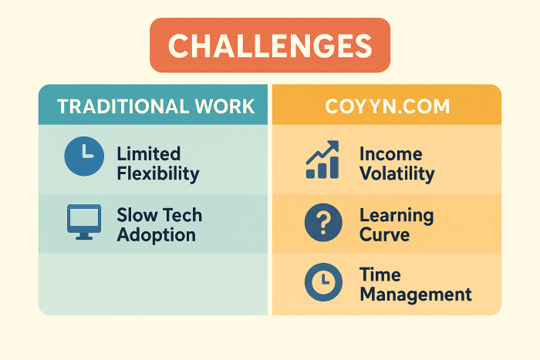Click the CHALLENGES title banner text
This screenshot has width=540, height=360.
(x=270, y=45)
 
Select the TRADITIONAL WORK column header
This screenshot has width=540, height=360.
(x=156, y=106)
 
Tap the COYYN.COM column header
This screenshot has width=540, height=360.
(x=387, y=106)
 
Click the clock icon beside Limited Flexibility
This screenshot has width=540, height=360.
(x=84, y=156)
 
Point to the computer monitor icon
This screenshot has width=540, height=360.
(x=84, y=222)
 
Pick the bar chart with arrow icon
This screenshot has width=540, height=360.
(x=322, y=160)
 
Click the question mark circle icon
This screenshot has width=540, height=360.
(x=323, y=222)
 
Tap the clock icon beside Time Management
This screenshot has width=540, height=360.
(x=323, y=282)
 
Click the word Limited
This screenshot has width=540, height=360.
(x=149, y=153)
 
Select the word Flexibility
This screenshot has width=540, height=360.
(x=158, y=173)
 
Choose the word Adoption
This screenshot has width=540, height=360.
(x=157, y=235)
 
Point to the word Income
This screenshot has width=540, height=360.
(x=391, y=153)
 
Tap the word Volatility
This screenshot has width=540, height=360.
(x=397, y=173)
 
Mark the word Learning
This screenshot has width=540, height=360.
(x=397, y=216)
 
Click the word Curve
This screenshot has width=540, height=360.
(x=385, y=235)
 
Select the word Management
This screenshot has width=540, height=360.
(x=416, y=295)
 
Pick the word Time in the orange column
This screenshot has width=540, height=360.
(x=380, y=274)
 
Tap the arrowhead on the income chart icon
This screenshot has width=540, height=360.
(x=333, y=146)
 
